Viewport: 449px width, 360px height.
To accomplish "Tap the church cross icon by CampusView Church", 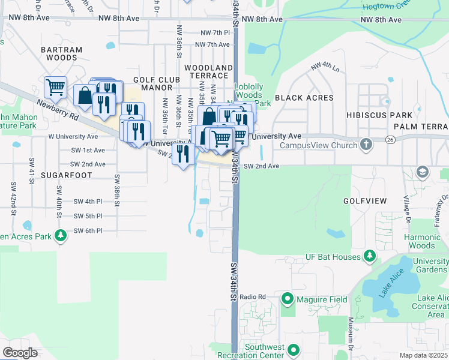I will point(366,145).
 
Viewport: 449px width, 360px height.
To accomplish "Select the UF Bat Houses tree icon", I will point(370,257).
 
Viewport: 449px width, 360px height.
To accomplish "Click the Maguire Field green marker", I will point(288,298).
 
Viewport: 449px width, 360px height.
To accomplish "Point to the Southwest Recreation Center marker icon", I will point(294,349).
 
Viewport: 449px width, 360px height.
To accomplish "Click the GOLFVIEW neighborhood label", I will point(365,200).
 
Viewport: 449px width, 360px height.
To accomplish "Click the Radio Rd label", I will point(252,297).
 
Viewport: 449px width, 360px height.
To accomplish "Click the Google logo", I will point(20,353).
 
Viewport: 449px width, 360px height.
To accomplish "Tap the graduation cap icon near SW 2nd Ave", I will point(423,172).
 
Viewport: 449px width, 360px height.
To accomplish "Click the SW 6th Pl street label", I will point(88,230).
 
